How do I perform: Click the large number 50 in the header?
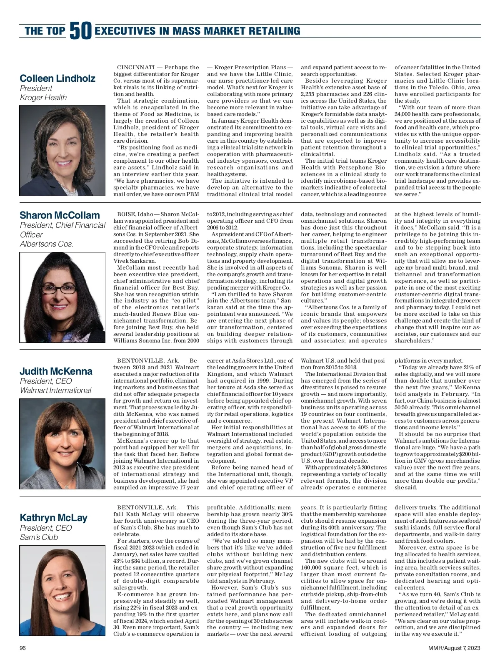click(80, 31)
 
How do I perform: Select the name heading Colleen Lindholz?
click(57, 78)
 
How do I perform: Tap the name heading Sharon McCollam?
click(60, 215)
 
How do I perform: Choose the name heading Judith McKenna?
click(56, 371)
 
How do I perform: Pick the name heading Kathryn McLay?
click(53, 518)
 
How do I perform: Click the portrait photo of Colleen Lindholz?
click(62, 151)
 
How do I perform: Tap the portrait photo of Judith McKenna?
click(62, 444)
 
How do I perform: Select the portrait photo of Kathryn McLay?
click(62, 590)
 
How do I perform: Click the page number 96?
click(23, 648)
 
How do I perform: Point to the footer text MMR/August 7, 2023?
click(454, 648)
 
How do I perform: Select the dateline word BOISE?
click(126, 214)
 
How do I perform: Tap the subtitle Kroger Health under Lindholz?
click(43, 98)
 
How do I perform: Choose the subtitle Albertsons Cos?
click(47, 244)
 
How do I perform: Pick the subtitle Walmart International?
click(55, 390)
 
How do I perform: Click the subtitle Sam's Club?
click(39, 537)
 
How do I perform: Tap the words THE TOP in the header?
click(45, 31)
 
